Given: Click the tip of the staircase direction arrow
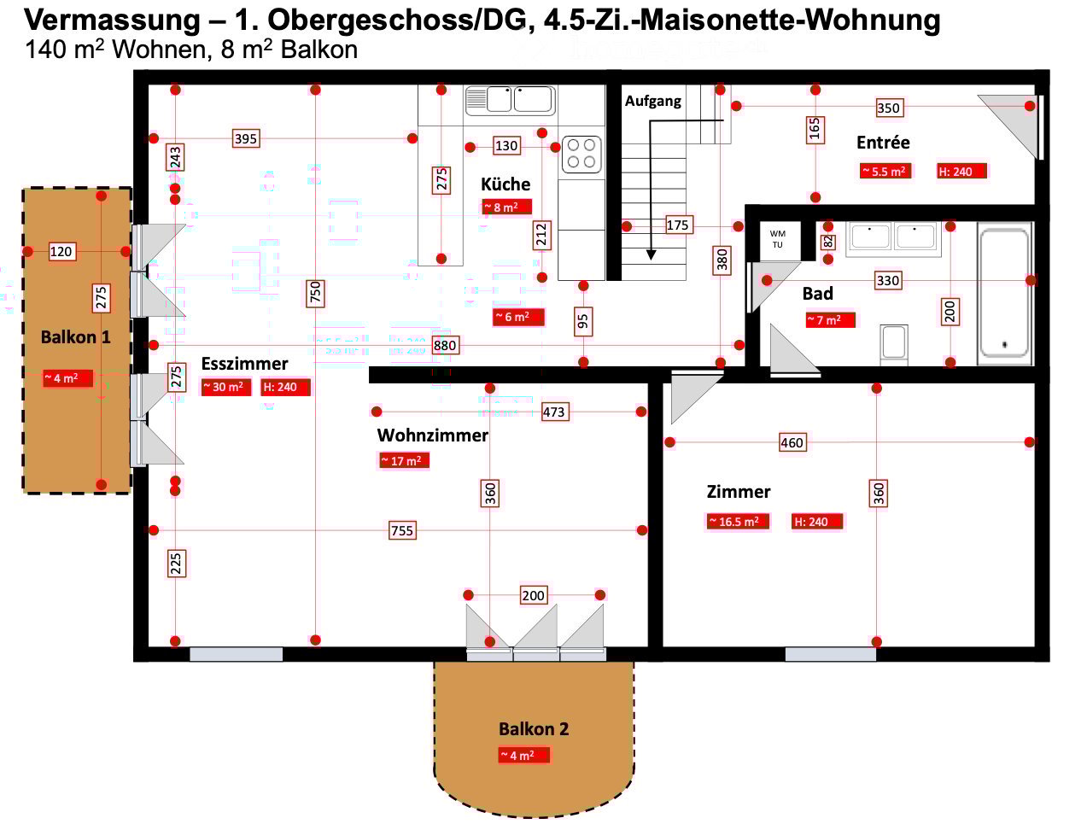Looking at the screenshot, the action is [652, 260].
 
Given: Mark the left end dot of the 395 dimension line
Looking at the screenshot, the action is [154, 138].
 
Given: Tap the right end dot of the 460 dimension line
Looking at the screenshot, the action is [1030, 441].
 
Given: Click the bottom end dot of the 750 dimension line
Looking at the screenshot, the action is [315, 640].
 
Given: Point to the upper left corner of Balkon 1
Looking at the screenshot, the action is [23, 188].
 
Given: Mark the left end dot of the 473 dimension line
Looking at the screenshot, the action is [377, 411].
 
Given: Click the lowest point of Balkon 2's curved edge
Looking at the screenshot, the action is [534, 816].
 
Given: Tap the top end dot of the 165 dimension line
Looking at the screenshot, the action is [815, 90].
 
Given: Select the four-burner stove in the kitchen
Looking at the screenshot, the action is [581, 154].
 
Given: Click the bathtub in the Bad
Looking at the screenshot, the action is [1004, 293].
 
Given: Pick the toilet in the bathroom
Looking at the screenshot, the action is [894, 345].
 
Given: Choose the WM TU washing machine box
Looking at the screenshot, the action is [778, 240].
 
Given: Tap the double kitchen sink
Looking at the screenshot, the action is [510, 101].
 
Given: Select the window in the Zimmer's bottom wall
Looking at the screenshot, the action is [831, 654].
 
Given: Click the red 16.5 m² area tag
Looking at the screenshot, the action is [738, 522].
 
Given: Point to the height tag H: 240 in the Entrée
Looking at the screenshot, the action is [961, 172].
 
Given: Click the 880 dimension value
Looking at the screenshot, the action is [445, 345].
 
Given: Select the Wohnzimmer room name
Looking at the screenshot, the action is [432, 435].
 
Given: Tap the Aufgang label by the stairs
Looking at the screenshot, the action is [652, 101].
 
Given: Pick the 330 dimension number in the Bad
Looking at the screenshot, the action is [888, 280].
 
